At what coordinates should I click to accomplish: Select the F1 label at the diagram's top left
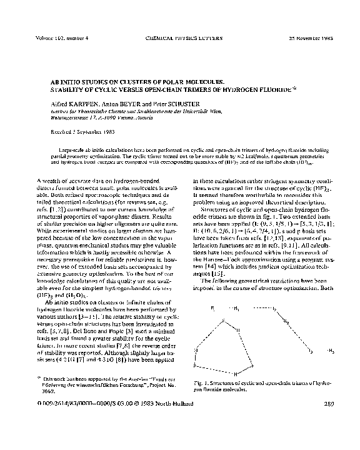[213, 309]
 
